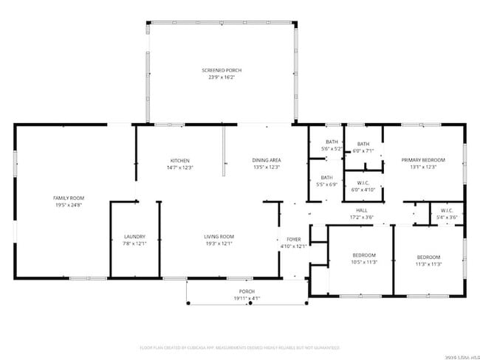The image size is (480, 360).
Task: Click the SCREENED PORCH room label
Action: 222,70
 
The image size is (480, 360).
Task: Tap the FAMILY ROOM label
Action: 69,198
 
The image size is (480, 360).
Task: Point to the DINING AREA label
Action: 267,160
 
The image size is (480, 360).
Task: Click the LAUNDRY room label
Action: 134,236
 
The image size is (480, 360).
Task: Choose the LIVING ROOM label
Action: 219,236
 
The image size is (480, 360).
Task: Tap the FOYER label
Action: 294,239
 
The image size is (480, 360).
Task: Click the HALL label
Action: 362,210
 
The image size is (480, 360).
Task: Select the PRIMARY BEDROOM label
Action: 423,159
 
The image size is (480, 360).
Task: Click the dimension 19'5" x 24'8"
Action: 69,205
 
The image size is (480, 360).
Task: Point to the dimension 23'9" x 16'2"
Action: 222,77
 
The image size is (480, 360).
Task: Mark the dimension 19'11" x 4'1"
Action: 247,299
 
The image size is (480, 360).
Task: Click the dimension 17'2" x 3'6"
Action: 362,218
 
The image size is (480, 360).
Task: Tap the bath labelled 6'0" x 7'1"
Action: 363,148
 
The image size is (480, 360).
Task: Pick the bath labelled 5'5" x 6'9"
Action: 326,181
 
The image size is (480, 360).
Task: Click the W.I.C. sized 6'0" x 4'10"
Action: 363,186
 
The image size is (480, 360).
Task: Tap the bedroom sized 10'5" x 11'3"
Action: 364,258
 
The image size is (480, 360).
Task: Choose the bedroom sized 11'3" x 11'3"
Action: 428,260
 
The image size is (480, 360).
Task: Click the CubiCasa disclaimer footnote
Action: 240,347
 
